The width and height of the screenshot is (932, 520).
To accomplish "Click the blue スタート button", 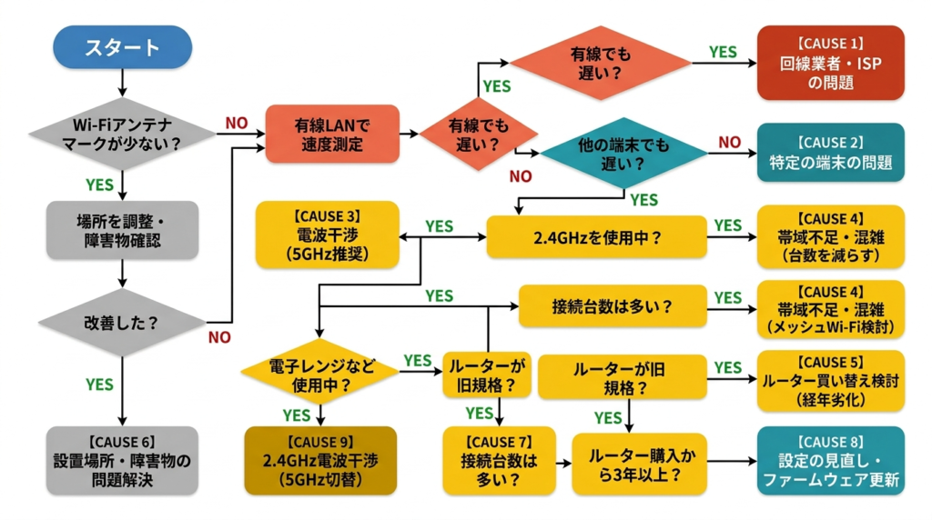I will click(122, 47).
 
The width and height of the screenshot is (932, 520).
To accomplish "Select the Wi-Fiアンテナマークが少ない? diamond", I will click(122, 135).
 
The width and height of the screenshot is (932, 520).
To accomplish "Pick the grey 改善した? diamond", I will click(122, 323).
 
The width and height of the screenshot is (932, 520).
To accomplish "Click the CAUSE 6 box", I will click(122, 460).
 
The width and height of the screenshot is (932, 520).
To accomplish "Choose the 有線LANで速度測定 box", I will click(331, 134).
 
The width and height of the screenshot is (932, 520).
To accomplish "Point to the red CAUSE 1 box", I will click(831, 62).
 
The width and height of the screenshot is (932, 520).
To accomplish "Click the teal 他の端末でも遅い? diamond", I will click(624, 153).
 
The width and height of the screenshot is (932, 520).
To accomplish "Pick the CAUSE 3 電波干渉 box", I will click(328, 235).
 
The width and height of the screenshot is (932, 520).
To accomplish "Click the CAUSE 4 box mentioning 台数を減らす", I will click(831, 235).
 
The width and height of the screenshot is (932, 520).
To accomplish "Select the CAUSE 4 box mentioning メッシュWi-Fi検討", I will click(831, 309).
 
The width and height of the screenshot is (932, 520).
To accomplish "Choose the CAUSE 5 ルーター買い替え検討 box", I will click(831, 381).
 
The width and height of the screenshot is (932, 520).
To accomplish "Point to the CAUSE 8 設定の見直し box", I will click(831, 460).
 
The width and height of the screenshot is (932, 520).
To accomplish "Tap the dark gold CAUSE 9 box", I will click(320, 460).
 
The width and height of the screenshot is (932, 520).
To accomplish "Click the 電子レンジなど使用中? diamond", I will click(320, 373).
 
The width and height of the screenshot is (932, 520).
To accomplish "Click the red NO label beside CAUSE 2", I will click(729, 142).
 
